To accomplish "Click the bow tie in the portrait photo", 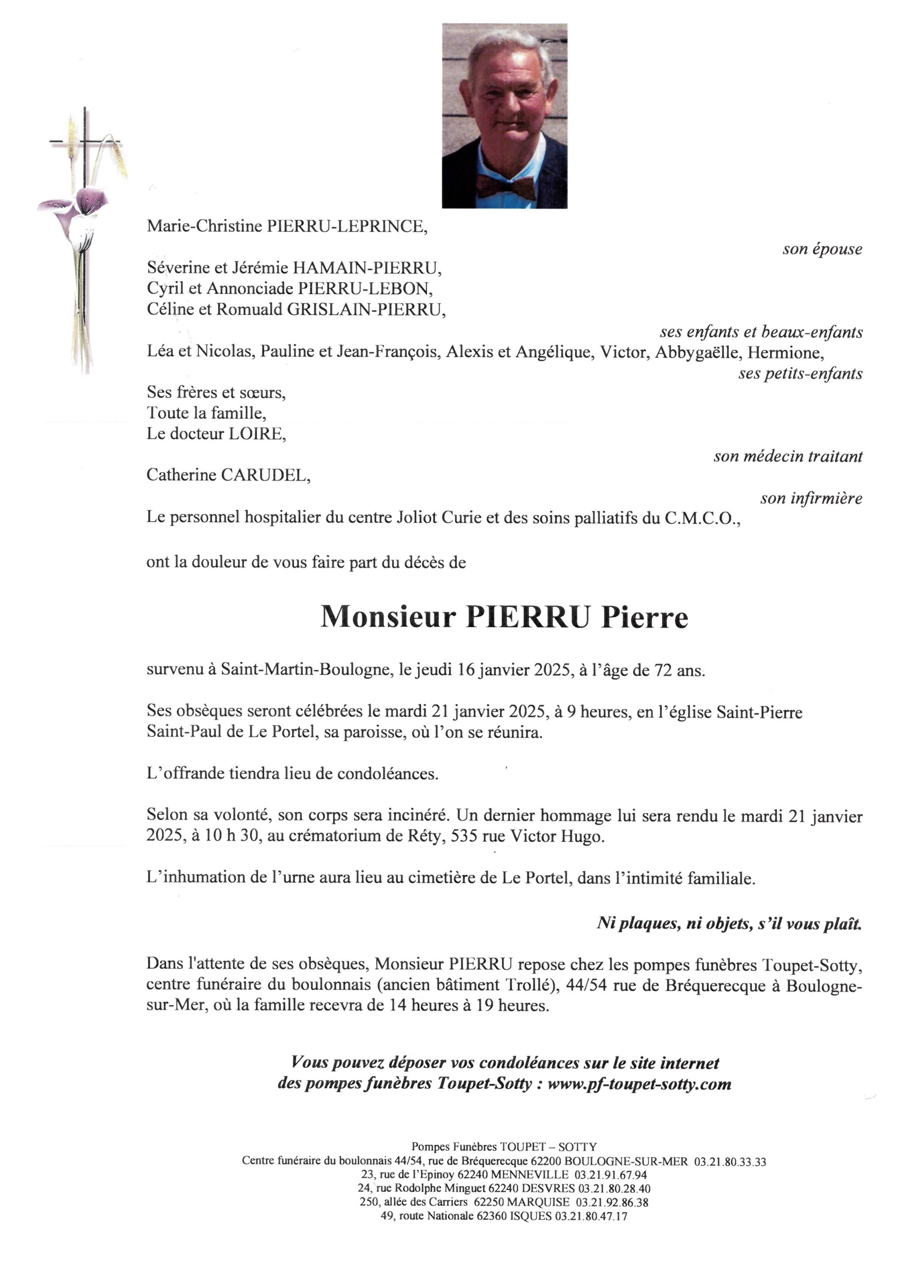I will pyautogui.click(x=505, y=187).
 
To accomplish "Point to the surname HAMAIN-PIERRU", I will pyautogui.click(x=366, y=268).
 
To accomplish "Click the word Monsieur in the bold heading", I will pyautogui.click(x=388, y=617).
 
